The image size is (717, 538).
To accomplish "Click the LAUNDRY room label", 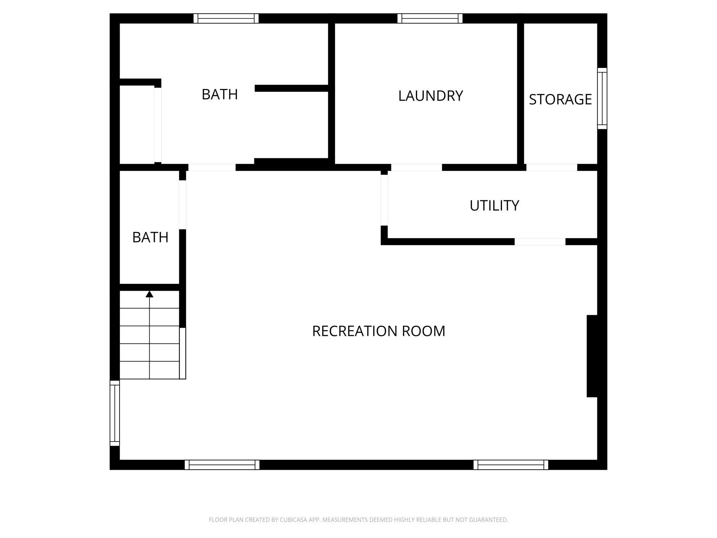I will click(431, 96).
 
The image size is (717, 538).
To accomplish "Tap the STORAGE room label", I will click(560, 99).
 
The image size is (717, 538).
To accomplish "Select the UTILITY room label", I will click(494, 206).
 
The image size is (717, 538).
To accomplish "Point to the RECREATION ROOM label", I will click(378, 331).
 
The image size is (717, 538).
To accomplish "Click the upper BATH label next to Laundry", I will click(220, 94).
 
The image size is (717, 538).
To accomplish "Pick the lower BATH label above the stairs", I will click(150, 237).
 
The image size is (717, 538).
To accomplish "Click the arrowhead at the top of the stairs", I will click(149, 294).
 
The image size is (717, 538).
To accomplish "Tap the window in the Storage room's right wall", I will click(602, 99).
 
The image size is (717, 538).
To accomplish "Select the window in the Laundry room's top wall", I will click(430, 18).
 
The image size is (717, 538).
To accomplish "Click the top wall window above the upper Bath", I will click(226, 18).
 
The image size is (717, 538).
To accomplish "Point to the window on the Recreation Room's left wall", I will click(114, 413).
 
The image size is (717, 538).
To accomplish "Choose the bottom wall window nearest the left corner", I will click(222, 465).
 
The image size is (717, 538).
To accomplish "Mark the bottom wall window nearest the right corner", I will click(511, 465).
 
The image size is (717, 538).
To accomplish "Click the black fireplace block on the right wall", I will click(592, 356).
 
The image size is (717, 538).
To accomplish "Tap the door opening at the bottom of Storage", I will click(552, 167).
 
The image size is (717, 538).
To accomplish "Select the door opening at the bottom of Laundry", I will click(416, 167).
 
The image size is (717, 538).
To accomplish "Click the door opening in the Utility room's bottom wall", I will click(540, 242).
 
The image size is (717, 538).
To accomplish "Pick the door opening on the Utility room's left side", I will click(384, 200).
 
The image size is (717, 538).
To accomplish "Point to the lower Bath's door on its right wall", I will click(183, 205).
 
